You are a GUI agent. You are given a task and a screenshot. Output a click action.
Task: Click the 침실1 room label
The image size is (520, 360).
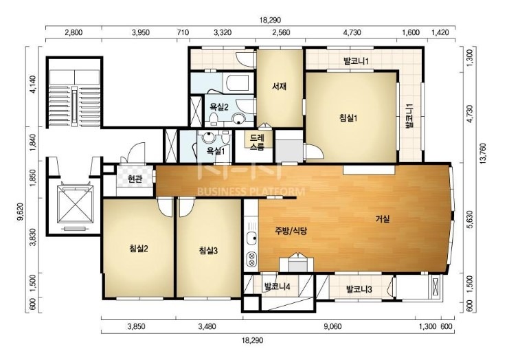tap(348, 117)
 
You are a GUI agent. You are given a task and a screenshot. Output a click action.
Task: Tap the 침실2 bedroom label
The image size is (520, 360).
tap(139, 248)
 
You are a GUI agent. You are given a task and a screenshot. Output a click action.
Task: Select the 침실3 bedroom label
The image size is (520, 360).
tap(208, 251)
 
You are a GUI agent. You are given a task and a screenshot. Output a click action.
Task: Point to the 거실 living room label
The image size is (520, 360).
tap(383, 219)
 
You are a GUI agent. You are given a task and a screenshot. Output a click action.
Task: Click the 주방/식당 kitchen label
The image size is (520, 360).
tap(291, 231)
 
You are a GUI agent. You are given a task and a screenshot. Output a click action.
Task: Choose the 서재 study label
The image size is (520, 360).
tap(279, 87)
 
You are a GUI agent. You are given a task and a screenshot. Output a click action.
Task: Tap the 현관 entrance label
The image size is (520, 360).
tap(135, 179)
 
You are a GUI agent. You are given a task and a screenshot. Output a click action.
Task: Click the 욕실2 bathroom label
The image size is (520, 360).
tap(218, 107)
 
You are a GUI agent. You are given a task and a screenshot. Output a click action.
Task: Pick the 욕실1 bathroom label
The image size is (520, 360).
tap(216, 151)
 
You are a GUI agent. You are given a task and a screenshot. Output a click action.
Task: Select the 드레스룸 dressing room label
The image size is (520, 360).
tap(257, 142)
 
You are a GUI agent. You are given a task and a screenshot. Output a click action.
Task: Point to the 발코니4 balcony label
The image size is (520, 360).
tap(277, 286)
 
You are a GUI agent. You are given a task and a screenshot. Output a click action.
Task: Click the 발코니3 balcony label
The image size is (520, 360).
tap(359, 289)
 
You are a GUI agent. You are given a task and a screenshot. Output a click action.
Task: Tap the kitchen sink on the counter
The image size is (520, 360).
tap(251, 238)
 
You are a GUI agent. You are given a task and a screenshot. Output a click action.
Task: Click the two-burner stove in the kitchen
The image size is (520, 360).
tap(251, 259)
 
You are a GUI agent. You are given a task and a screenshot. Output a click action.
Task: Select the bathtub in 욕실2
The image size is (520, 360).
tap(236, 82)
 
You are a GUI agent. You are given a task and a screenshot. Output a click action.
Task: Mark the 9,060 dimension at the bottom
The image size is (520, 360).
tap(332, 327)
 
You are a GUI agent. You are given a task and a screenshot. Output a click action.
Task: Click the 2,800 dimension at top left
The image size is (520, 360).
tap(74, 32)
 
